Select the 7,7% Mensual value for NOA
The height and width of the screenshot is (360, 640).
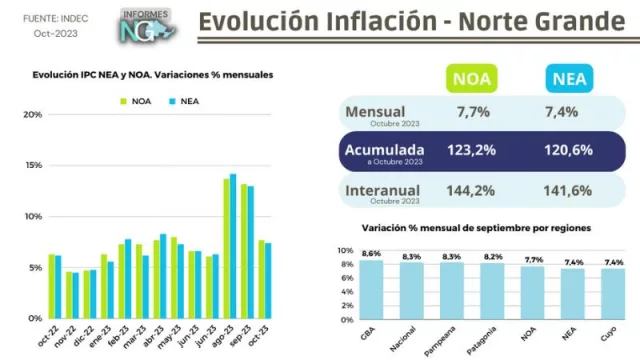click(470, 113)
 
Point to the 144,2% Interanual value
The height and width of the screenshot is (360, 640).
click(470, 190)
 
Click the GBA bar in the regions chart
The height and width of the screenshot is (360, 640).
click(371, 291)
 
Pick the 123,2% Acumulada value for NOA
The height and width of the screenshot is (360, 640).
click(470, 150)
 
